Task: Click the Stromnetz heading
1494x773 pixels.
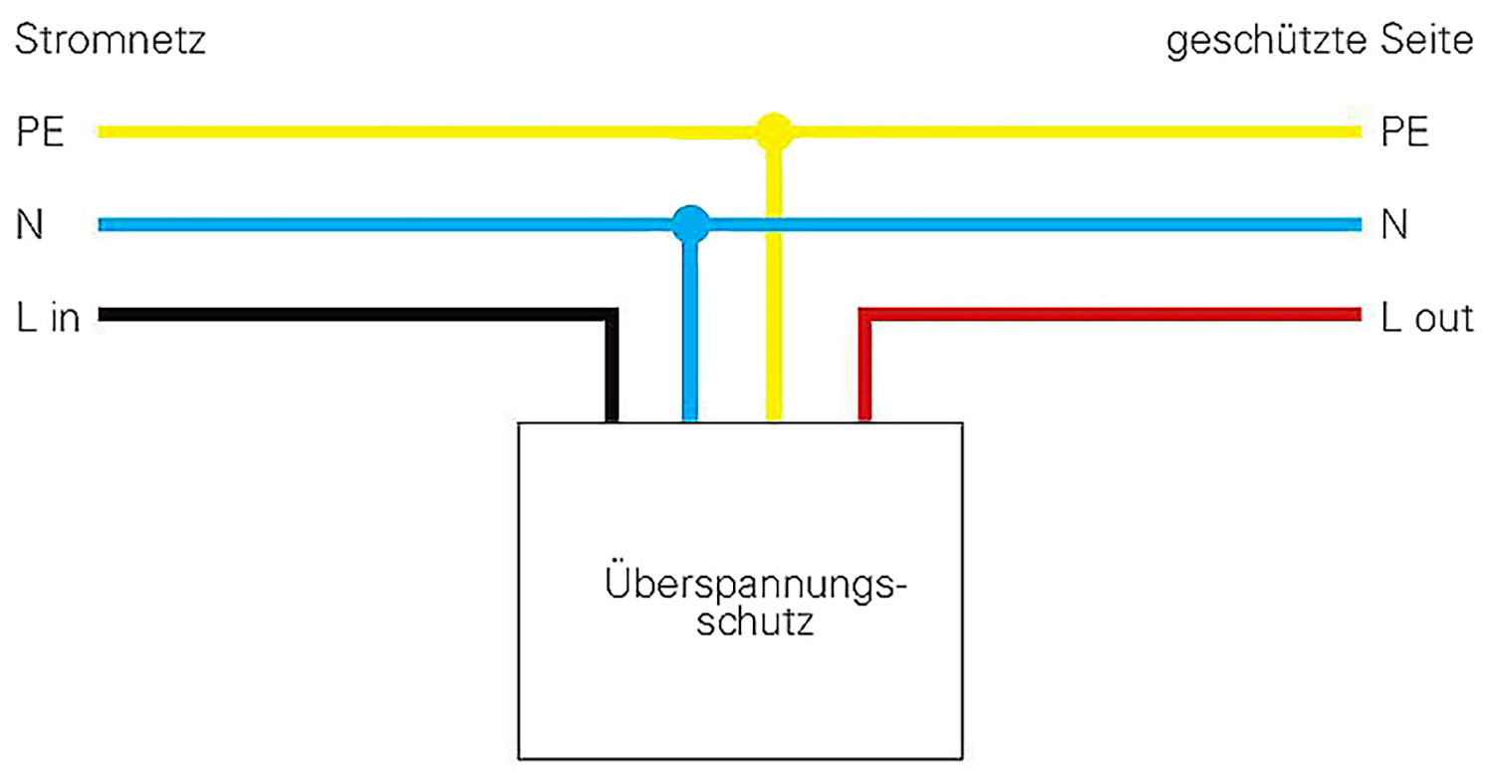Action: click(x=110, y=40)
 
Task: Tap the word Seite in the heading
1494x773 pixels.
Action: click(x=1426, y=40)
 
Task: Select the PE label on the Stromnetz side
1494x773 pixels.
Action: click(x=40, y=131)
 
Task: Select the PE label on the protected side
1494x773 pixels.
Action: click(x=1405, y=131)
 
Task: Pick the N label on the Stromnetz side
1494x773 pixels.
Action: click(x=29, y=224)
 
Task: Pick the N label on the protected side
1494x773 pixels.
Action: click(x=1394, y=224)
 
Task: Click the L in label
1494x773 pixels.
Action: click(x=48, y=317)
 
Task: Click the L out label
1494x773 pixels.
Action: click(x=1427, y=317)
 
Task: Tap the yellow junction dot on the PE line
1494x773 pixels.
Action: click(x=774, y=131)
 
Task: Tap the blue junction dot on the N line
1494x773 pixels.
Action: click(x=690, y=224)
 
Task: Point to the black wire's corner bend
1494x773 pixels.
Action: click(x=611, y=315)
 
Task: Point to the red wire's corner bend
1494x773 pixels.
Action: click(x=866, y=315)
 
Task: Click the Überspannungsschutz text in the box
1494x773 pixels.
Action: click(x=756, y=603)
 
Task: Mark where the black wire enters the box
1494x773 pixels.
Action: click(x=611, y=421)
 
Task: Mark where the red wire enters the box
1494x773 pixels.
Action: click(x=866, y=421)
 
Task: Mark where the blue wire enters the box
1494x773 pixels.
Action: click(x=690, y=421)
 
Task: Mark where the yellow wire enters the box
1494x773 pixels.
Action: click(x=774, y=421)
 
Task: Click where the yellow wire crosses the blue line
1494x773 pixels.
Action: click(x=774, y=224)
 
